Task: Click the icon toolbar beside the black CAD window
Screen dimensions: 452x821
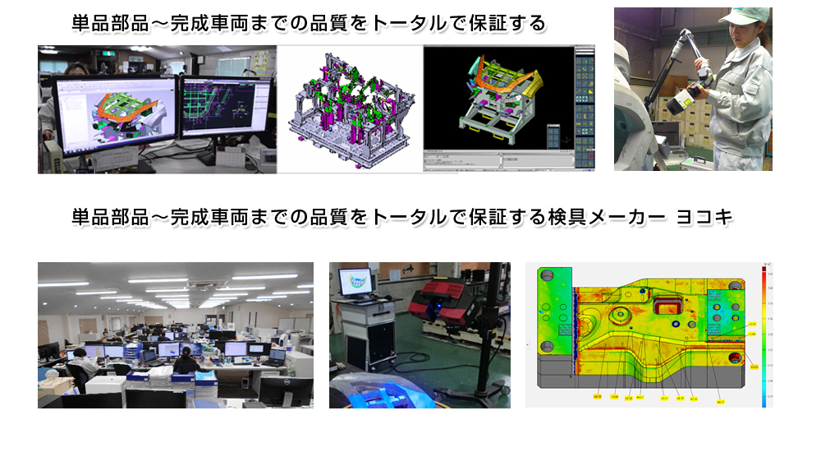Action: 584,107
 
